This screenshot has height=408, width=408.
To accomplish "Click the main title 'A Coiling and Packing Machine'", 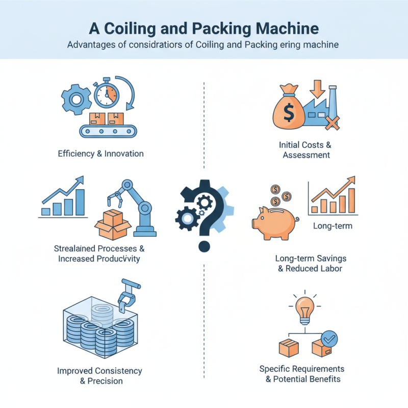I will click(203, 28).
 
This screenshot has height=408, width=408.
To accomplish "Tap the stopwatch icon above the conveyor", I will click(106, 94).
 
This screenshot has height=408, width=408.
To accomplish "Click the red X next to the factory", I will click(333, 123).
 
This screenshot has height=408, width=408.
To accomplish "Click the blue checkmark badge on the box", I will click(329, 338).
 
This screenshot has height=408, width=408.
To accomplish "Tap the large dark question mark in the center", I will click(204, 214).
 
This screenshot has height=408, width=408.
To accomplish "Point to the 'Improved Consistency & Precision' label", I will click(100, 375).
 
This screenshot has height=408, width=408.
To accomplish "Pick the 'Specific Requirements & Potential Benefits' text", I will click(302, 374).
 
